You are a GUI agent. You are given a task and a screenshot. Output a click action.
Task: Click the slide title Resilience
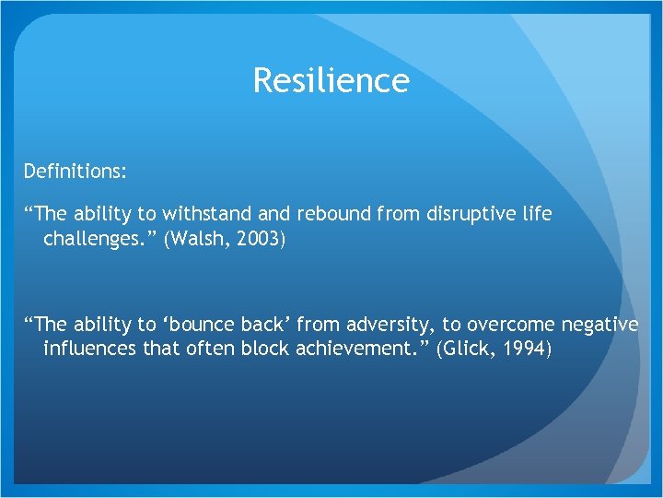coord(331,81)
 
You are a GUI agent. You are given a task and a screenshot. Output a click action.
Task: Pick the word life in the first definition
coord(537,214)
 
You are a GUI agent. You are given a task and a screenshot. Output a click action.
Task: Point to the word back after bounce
coord(267,325)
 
